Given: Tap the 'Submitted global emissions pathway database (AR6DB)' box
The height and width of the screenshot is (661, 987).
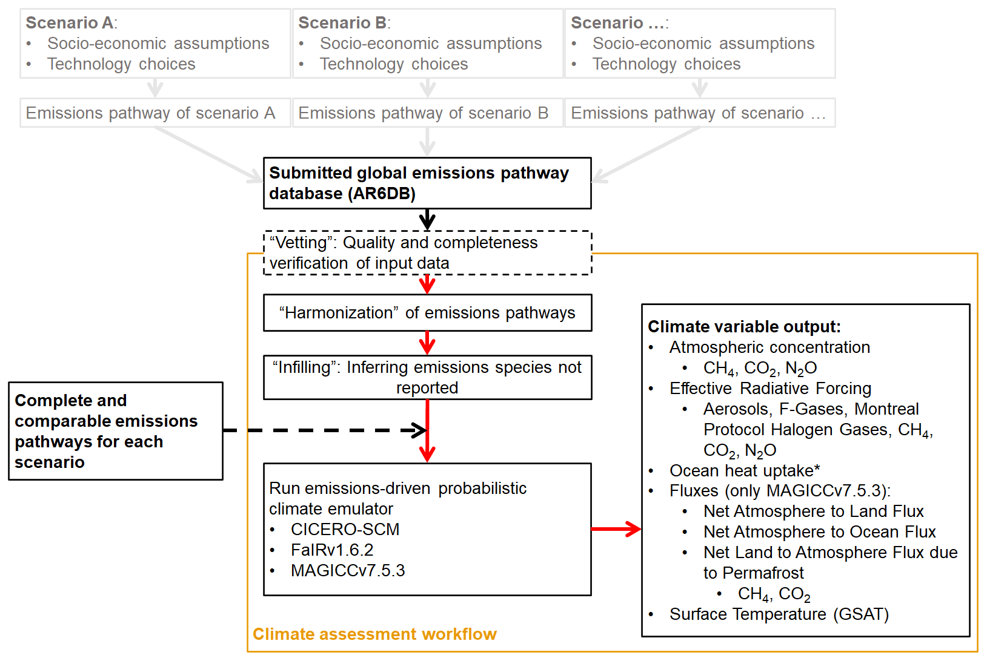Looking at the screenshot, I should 427,183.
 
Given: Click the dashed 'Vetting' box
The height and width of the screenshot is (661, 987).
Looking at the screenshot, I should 427,253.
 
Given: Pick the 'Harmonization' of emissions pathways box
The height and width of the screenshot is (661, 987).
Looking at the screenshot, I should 427,313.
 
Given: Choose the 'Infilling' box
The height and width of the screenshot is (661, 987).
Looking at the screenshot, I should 427,378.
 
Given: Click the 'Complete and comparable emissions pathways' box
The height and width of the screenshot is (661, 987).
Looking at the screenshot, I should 116,431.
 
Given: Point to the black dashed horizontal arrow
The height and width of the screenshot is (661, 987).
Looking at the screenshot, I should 321,430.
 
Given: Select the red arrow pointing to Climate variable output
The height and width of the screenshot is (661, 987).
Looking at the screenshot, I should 616,529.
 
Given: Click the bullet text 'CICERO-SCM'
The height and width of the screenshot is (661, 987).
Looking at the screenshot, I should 345,530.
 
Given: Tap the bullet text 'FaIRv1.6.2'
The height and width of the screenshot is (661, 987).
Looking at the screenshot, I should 332,550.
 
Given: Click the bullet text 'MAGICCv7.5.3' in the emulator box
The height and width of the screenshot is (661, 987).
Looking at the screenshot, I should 348,571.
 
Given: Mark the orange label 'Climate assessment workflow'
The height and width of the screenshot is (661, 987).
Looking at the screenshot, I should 374,634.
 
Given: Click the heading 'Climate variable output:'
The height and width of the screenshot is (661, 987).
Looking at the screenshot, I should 744,327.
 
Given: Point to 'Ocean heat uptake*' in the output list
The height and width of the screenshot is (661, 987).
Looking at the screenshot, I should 745,471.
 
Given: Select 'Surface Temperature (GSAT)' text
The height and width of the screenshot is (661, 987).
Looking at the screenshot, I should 779,614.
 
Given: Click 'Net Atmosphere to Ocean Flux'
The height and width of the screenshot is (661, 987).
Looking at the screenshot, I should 819,532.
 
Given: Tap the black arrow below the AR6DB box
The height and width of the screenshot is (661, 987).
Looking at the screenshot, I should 427,219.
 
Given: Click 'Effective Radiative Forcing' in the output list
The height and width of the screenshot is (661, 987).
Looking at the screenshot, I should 770,389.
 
